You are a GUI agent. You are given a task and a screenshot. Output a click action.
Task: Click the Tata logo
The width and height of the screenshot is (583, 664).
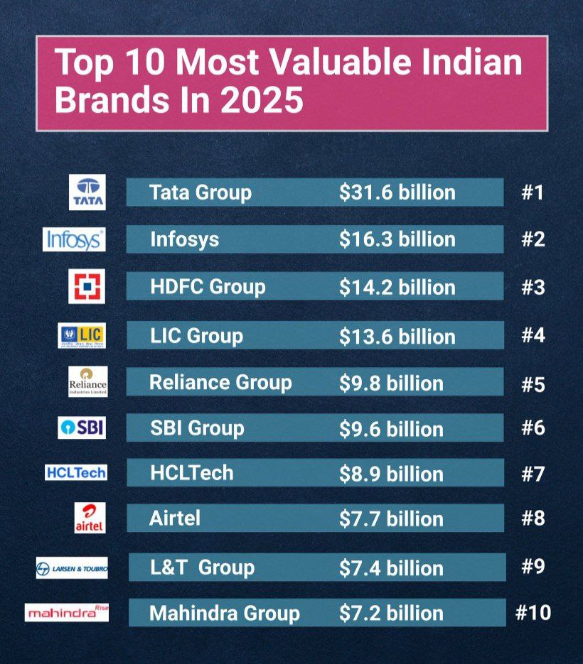(87, 192)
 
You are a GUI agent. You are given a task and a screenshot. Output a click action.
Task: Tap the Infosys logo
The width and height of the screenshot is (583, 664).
(74, 240)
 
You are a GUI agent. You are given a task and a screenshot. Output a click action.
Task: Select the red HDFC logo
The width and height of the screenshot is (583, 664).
(87, 287)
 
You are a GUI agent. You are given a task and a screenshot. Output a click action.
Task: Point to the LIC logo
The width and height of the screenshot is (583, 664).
(82, 335)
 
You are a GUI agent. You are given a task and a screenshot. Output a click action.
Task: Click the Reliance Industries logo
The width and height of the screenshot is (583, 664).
(87, 381)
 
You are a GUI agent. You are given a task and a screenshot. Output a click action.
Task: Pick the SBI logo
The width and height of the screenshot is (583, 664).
(82, 428)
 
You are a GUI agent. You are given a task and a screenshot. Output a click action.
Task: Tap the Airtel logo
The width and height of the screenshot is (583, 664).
(90, 518)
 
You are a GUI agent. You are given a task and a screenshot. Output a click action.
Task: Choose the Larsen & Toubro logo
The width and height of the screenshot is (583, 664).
(72, 568)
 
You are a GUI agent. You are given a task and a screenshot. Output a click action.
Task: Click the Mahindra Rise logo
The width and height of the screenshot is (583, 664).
(67, 612)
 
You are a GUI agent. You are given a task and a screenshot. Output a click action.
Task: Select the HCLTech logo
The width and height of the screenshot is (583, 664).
(75, 472)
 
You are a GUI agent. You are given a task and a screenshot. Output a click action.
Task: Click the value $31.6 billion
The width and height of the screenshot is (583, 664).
(397, 192)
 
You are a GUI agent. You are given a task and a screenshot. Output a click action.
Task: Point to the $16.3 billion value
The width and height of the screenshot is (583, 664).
(397, 239)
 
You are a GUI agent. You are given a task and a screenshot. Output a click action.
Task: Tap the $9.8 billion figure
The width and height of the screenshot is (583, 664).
(391, 383)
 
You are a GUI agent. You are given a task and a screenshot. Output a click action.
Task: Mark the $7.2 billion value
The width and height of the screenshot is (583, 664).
(391, 613)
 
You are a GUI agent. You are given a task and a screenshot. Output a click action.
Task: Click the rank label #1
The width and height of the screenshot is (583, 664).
(532, 192)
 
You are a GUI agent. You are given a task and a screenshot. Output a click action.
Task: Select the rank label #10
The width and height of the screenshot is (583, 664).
(533, 612)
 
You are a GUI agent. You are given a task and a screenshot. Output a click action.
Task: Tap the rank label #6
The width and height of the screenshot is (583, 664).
(533, 429)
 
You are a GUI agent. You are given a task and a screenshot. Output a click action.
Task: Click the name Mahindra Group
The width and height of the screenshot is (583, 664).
(225, 613)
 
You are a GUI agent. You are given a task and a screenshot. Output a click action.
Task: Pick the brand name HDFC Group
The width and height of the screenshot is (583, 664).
(208, 287)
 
